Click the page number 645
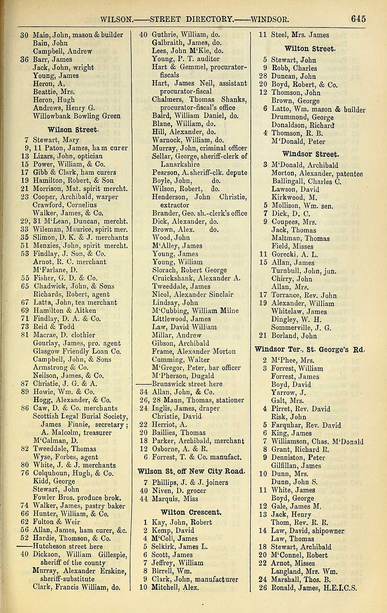click(358, 19)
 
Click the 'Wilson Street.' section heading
click(72, 130)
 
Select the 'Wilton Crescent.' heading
click(191, 512)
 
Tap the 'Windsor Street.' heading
click(310, 154)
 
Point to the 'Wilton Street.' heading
click(310, 49)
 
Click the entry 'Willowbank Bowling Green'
click(77, 116)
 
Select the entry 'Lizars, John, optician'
click(68, 156)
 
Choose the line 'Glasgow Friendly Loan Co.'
click(77, 352)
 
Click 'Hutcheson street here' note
click(68, 546)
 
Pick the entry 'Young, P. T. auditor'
click(186, 59)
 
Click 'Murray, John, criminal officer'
click(199, 148)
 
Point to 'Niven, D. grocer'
click(179, 491)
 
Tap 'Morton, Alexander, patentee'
click(317, 174)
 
